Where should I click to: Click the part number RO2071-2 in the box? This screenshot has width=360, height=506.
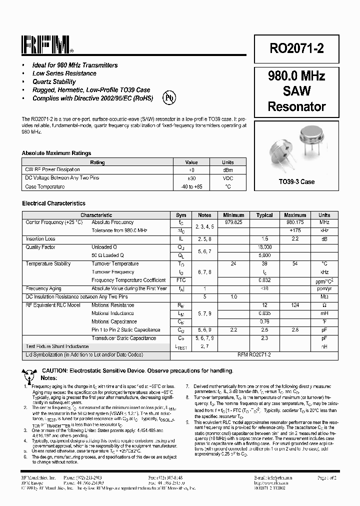296,48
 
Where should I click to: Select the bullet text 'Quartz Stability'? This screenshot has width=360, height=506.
54,81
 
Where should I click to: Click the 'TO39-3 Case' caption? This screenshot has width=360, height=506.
296,182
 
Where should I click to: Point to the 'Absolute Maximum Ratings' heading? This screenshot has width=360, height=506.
56,153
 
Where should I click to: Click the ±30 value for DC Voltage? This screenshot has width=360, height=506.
191,178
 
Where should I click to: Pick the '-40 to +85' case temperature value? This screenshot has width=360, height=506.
191,186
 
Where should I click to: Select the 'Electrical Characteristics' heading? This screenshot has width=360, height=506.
53,203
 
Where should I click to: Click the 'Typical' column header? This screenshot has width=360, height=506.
264,215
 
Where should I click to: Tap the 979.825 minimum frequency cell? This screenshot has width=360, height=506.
233,222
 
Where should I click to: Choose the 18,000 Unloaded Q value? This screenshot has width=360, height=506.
264,247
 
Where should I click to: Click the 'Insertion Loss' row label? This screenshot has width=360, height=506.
40,239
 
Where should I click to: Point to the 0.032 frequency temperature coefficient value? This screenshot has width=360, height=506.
264,280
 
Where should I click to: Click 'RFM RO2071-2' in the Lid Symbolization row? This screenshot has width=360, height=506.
254,354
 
